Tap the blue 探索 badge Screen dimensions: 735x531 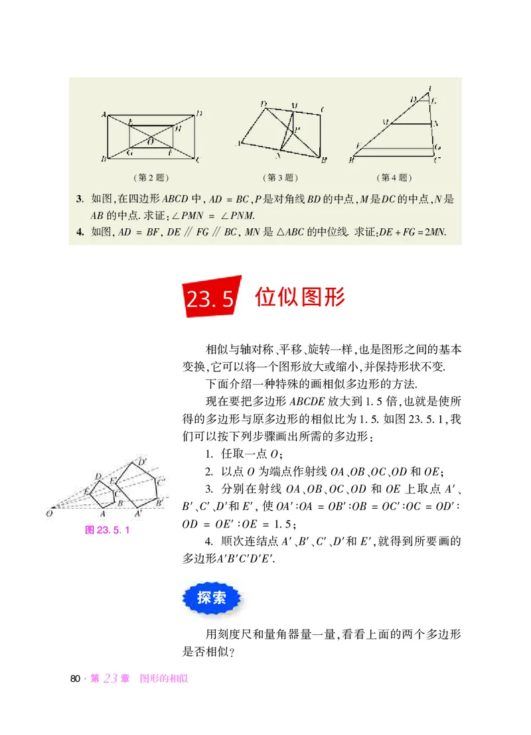(212, 597)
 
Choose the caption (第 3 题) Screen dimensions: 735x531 (280, 178)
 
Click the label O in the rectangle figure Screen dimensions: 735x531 (150, 141)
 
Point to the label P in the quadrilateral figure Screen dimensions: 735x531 (297, 129)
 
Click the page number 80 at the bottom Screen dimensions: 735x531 (75, 679)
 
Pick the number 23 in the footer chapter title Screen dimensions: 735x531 (110, 679)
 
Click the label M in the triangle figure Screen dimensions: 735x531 (384, 123)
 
